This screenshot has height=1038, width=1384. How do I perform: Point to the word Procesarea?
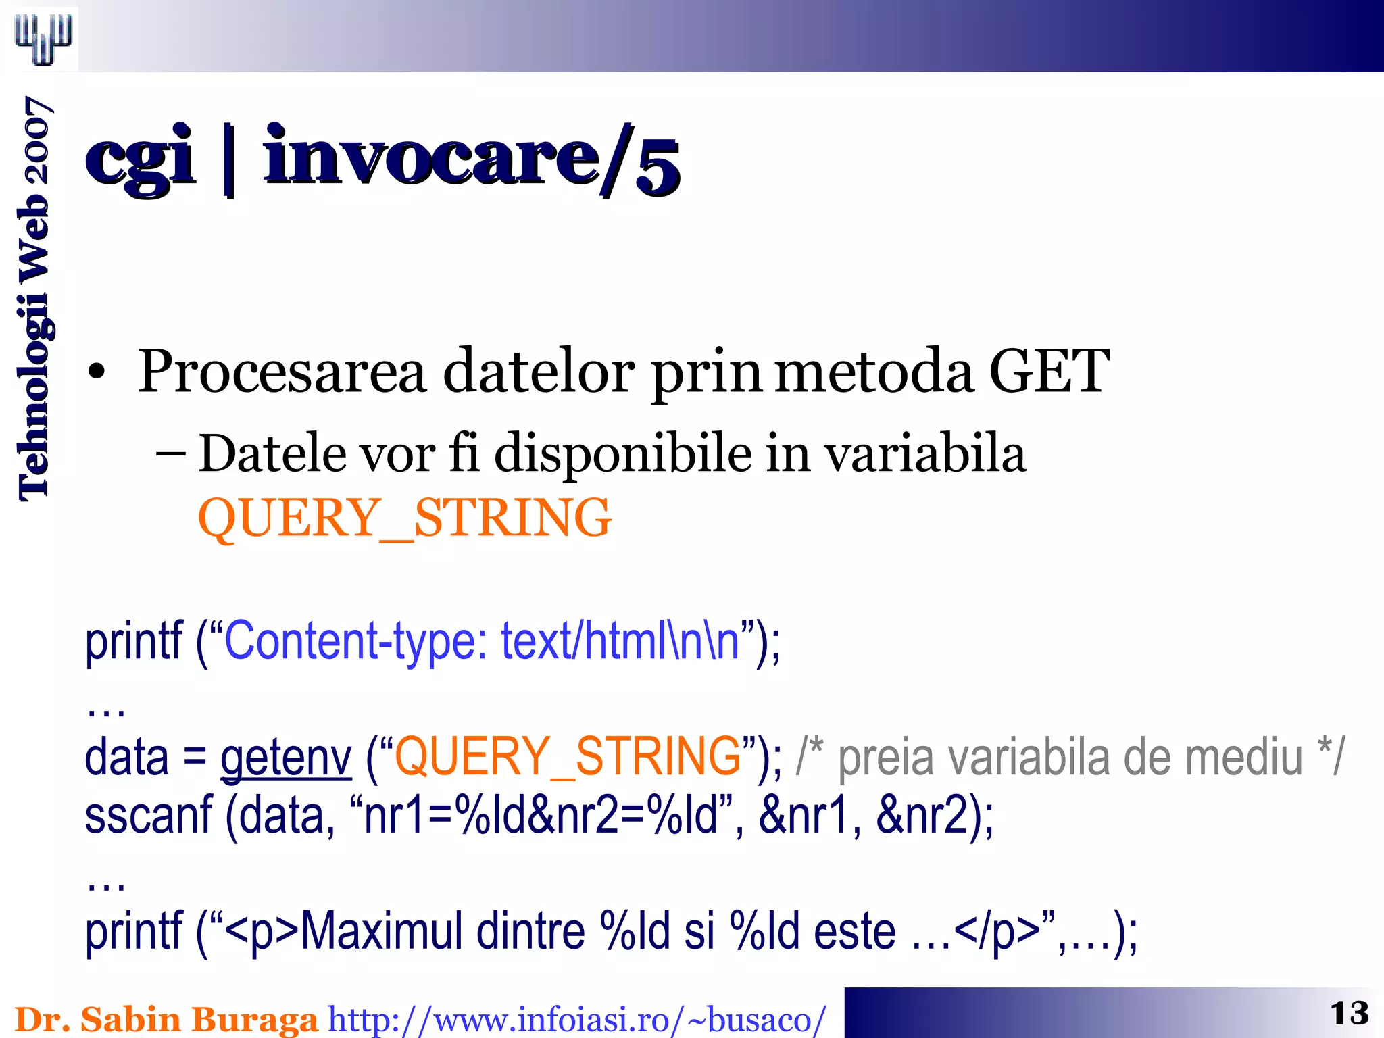coord(282,372)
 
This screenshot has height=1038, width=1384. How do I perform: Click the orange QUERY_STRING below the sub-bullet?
coord(404,518)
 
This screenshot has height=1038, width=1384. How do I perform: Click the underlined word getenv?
coord(286,758)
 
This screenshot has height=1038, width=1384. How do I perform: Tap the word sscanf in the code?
coord(149,816)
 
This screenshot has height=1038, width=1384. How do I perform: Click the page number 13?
coord(1349,1014)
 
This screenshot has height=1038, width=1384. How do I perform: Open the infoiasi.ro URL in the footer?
coord(576,1020)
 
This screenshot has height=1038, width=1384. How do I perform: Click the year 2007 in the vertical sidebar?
coord(35,140)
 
